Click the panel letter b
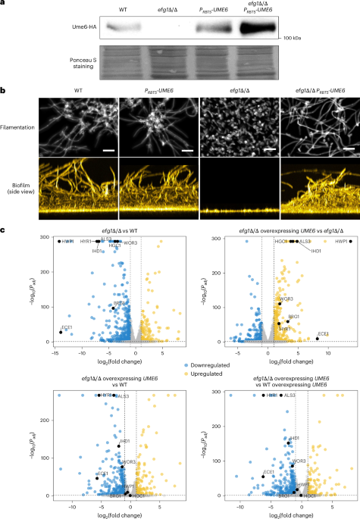(x=4, y=90)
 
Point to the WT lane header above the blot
(x=123, y=10)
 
